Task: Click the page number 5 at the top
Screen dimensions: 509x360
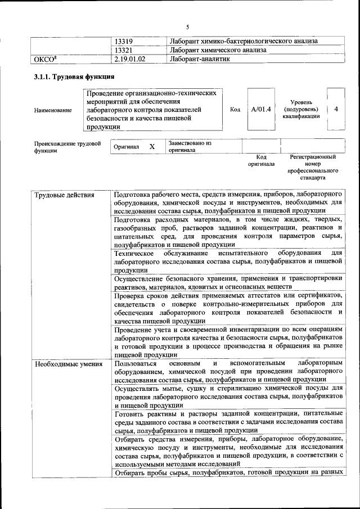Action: pos(188,26)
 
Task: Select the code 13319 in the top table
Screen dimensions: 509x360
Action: pos(124,41)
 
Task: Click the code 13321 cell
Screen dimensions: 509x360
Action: pos(124,49)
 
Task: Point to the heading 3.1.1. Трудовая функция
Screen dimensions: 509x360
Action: pos(74,77)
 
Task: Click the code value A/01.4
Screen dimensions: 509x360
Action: pos(261,109)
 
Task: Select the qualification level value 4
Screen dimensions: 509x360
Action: pos(336,109)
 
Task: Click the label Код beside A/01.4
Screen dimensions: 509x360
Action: pos(235,109)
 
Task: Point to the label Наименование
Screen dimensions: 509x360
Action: pos(53,110)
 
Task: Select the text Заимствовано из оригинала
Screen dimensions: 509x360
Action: pos(189,147)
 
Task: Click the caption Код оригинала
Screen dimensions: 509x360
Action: pos(261,161)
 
